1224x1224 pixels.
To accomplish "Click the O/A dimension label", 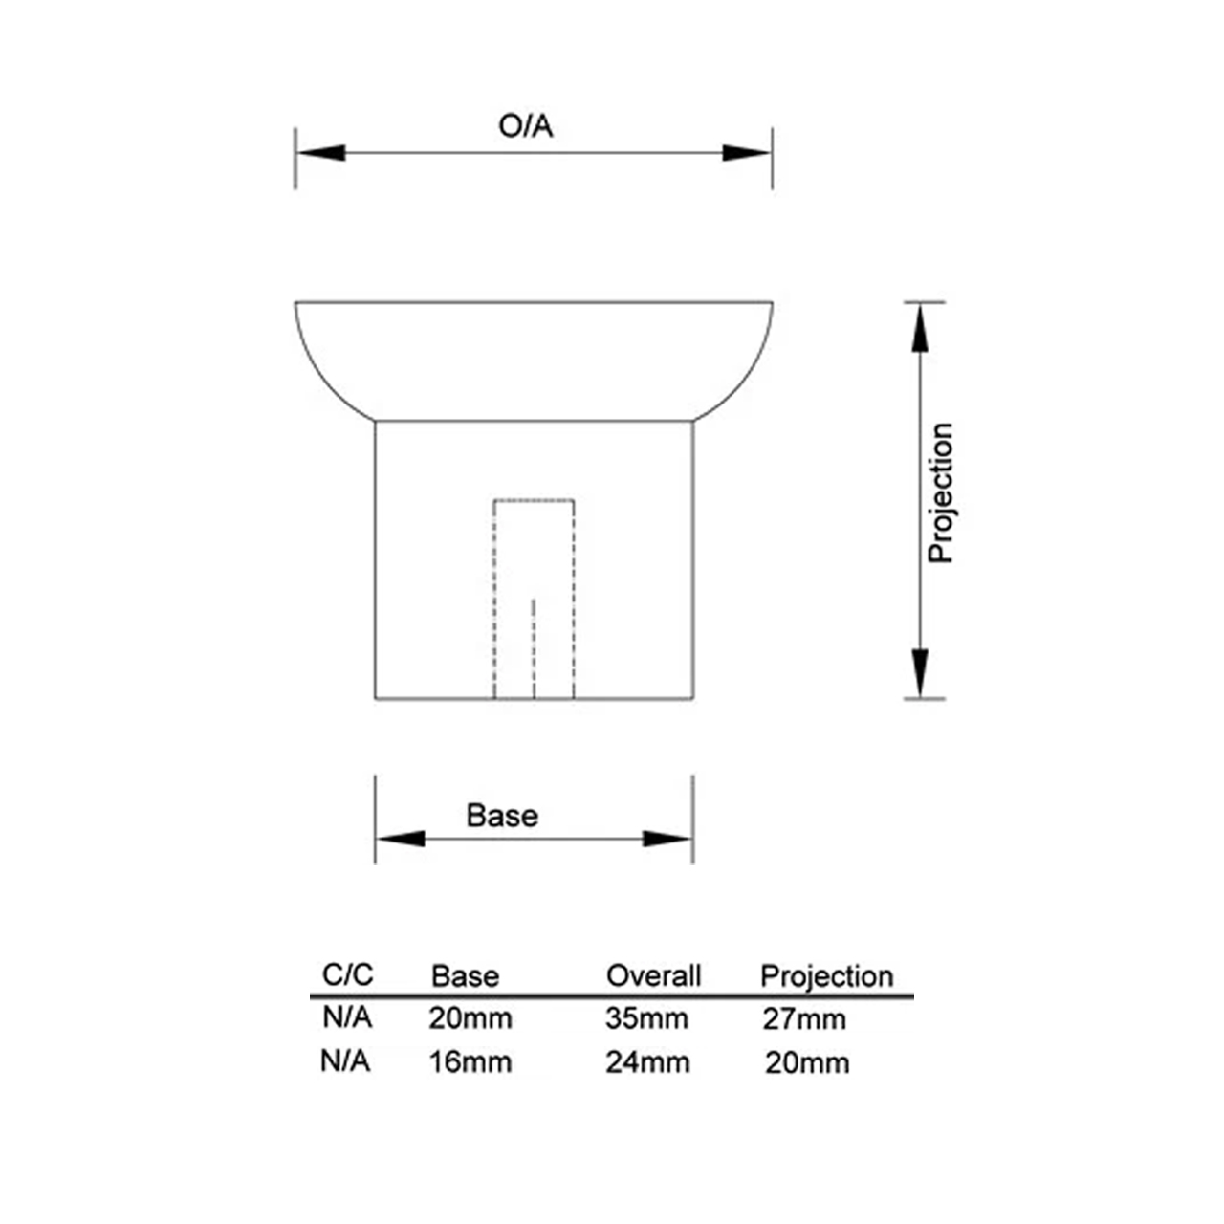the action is [525, 126].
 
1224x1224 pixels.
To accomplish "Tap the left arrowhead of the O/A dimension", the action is [321, 153].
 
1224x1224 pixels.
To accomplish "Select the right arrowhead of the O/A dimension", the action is [746, 153].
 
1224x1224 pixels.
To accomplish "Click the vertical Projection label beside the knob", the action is [941, 492].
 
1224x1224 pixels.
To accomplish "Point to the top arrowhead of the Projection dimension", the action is [920, 328].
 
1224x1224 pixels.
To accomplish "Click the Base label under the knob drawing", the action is [502, 816].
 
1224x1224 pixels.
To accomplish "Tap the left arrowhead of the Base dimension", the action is [401, 839].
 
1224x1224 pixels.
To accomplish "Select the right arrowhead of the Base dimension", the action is [667, 839].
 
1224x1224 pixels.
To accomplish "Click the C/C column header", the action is [347, 974].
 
